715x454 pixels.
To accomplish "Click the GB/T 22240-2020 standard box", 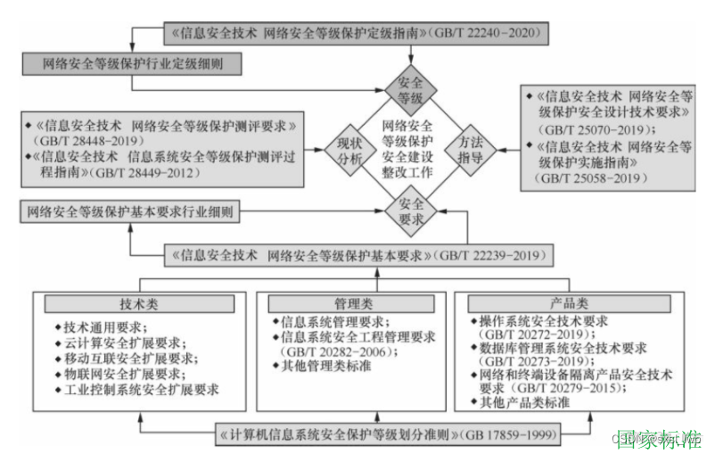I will point(355,34).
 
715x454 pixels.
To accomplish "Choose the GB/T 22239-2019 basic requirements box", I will point(355,256).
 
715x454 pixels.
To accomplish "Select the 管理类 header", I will point(355,303).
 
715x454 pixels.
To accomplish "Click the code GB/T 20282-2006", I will point(330,351).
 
